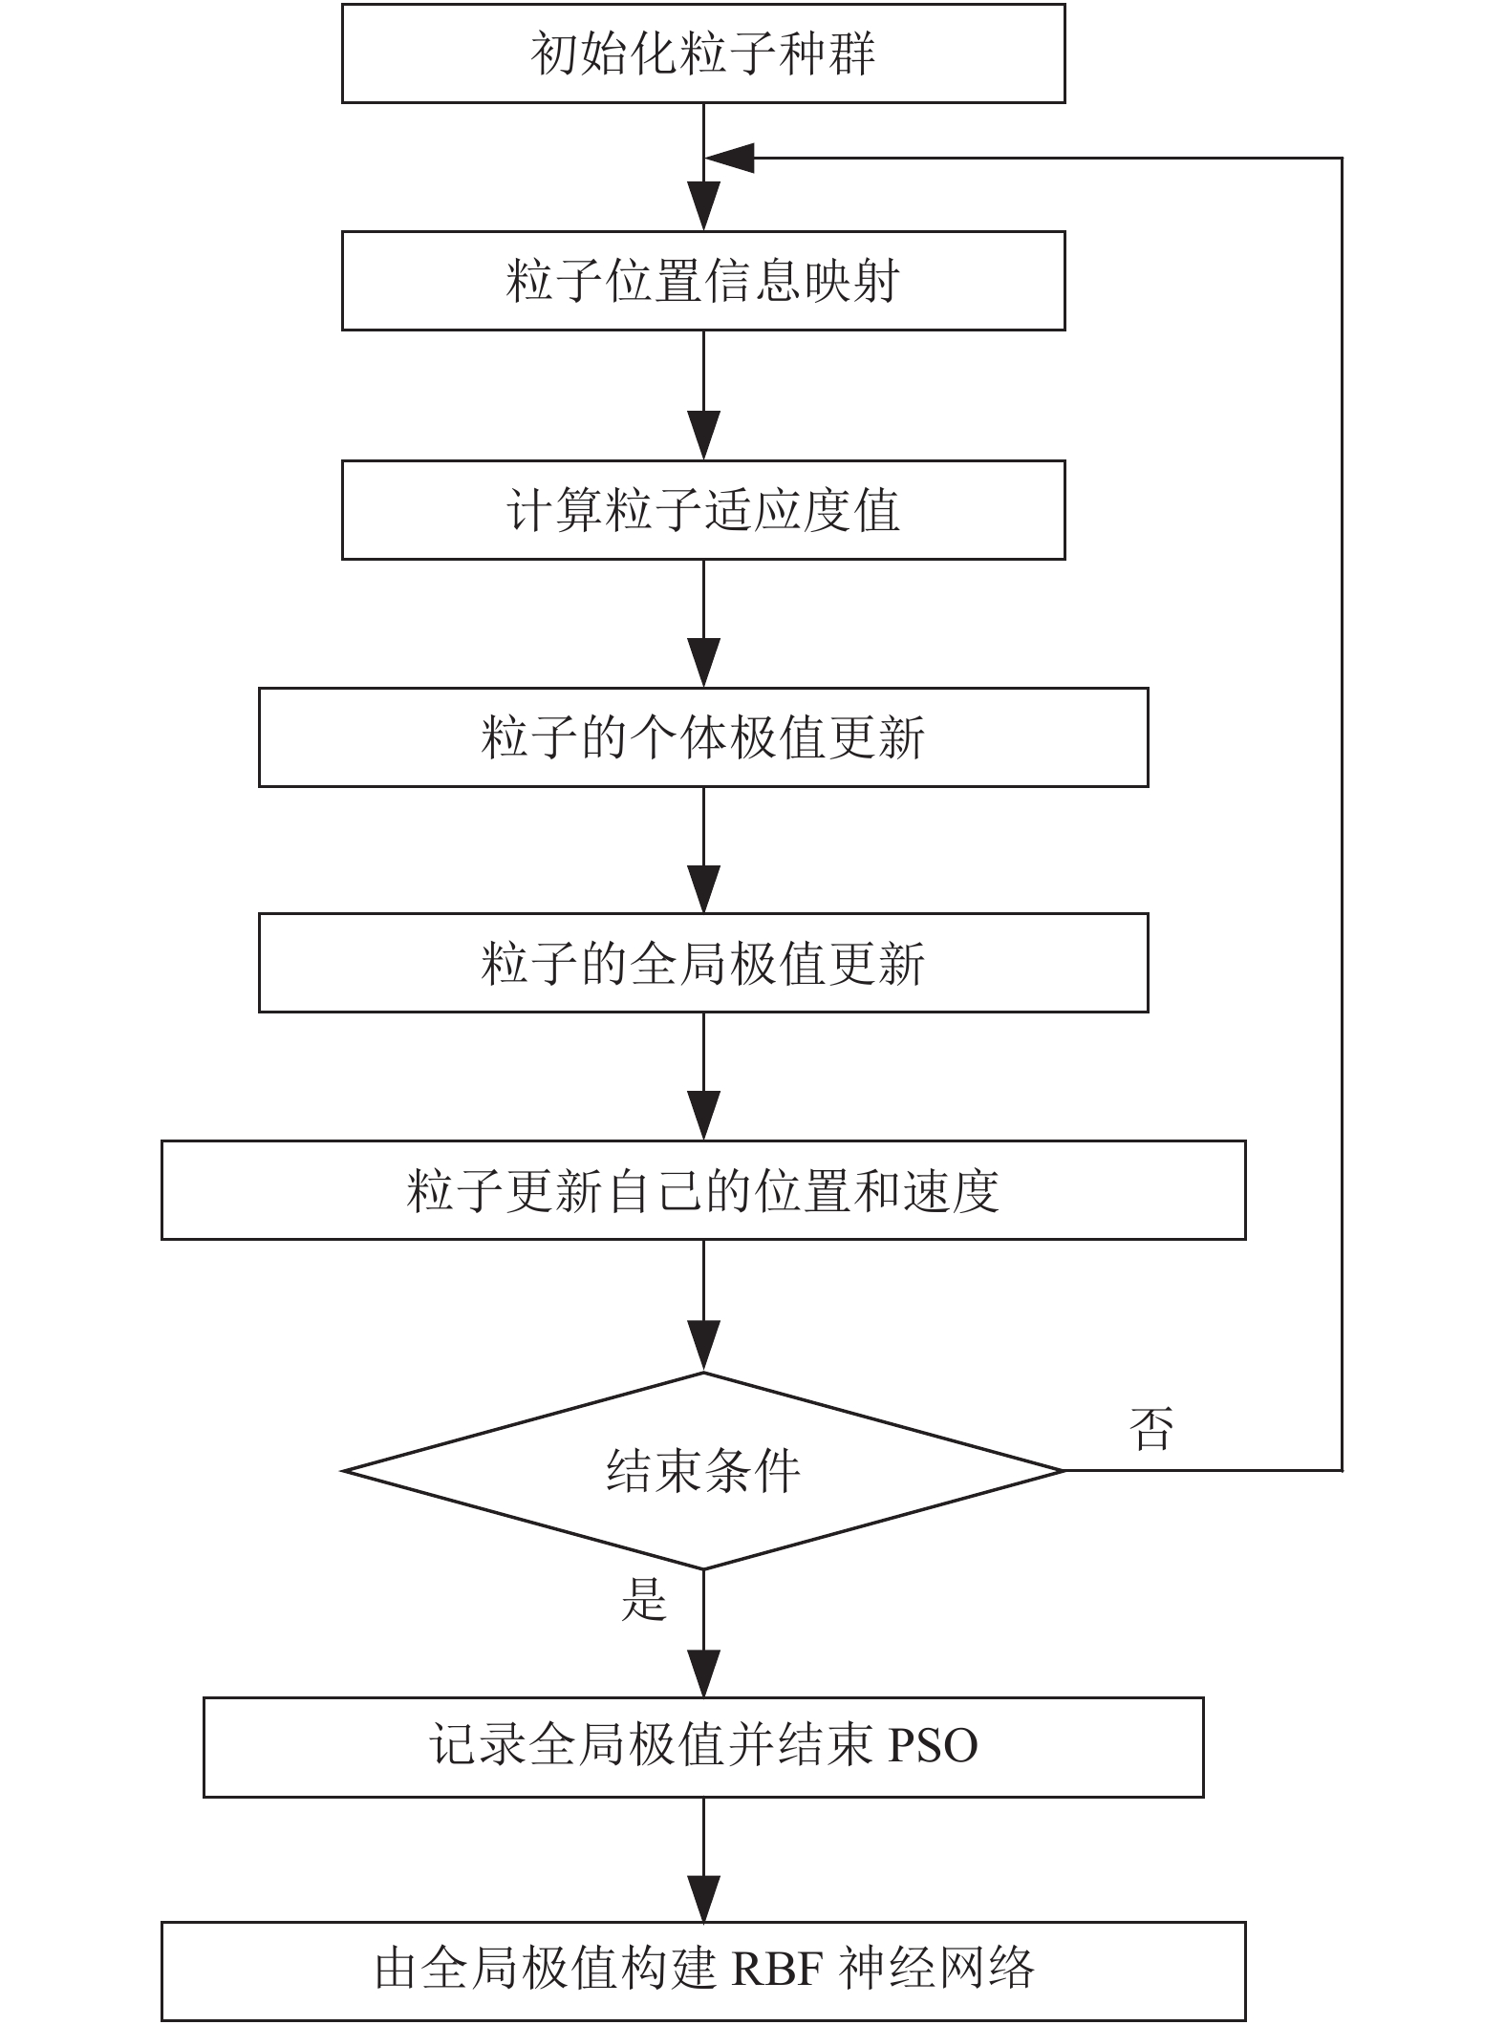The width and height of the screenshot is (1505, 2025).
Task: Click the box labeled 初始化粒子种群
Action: [x=703, y=53]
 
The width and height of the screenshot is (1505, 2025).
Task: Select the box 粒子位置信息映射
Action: [x=703, y=281]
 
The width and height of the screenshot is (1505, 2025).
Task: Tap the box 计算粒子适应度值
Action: [x=703, y=510]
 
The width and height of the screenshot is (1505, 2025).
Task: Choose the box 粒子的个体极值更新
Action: [x=703, y=737]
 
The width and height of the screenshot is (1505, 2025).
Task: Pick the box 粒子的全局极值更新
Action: [x=703, y=963]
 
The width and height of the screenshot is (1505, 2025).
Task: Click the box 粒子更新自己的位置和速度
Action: [x=703, y=1190]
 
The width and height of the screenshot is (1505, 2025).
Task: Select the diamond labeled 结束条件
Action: [x=703, y=1471]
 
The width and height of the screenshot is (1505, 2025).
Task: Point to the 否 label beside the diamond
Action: [x=1150, y=1429]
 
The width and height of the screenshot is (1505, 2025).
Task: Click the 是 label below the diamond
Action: [x=644, y=1599]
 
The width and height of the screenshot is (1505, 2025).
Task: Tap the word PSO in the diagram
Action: [x=934, y=1746]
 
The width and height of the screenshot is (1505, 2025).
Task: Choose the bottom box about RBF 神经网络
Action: [x=703, y=1972]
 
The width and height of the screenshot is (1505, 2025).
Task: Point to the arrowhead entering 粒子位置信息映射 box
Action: [x=703, y=205]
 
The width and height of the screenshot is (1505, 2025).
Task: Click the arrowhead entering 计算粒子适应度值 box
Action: [x=703, y=435]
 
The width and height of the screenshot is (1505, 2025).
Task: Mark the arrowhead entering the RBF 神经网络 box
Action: [x=703, y=1896]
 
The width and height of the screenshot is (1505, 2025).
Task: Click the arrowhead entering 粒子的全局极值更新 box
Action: [x=703, y=887]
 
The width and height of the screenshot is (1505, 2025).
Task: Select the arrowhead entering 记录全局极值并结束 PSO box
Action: [x=703, y=1672]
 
